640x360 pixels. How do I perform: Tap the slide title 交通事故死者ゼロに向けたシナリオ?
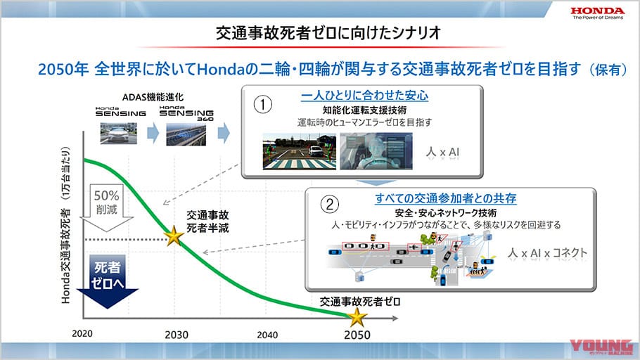(320, 32)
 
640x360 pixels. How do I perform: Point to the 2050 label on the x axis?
(357, 335)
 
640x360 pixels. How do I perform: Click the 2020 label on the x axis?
(83, 333)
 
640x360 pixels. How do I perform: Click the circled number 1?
(262, 104)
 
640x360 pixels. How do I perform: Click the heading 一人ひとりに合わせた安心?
(364, 96)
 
